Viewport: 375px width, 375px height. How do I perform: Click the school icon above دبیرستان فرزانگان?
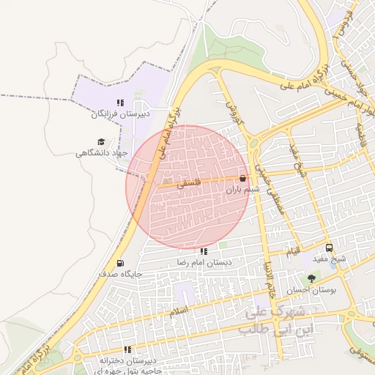(x=120, y=103)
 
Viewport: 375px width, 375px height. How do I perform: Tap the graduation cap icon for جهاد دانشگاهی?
(x=100, y=142)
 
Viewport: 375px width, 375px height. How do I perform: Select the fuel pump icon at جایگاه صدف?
(x=120, y=263)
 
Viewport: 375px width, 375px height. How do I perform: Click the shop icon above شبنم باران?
(x=242, y=178)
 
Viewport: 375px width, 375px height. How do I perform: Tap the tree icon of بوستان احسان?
(x=312, y=278)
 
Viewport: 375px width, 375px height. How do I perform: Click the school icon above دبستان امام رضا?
(x=204, y=251)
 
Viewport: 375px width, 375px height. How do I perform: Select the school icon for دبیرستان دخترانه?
(x=127, y=349)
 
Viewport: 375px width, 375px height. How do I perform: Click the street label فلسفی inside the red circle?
(x=188, y=185)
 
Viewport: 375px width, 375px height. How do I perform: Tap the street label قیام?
(x=292, y=252)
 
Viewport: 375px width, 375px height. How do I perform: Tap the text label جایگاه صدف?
(x=120, y=274)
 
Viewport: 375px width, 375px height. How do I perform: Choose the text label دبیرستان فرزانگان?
(x=120, y=114)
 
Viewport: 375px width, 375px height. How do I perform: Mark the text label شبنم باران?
(x=242, y=189)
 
